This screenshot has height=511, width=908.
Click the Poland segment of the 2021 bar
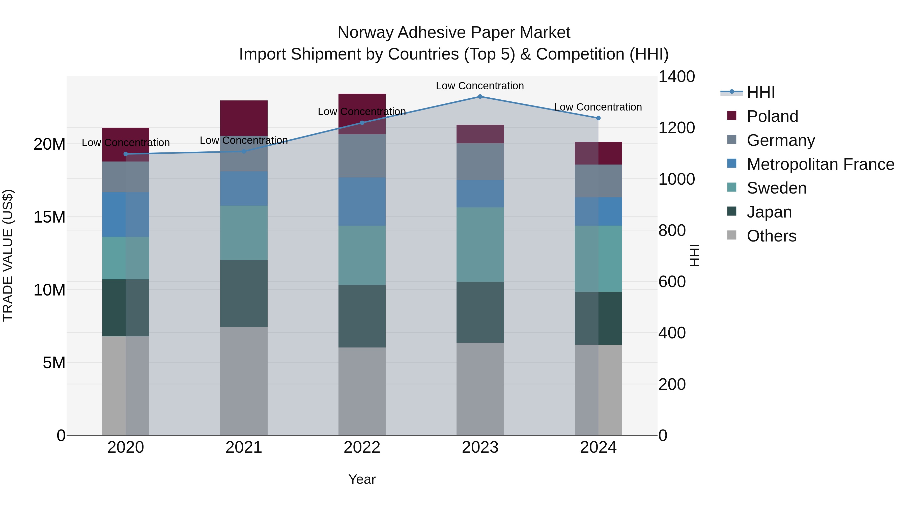pyautogui.click(x=244, y=118)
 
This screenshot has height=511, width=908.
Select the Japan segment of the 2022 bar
pyautogui.click(x=362, y=316)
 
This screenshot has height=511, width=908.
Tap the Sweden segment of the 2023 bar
pyautogui.click(x=480, y=244)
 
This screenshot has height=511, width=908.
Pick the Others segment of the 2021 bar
pyautogui.click(x=244, y=381)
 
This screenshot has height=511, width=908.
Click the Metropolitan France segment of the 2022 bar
pyautogui.click(x=362, y=201)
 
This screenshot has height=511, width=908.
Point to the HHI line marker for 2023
pyautogui.click(x=480, y=96)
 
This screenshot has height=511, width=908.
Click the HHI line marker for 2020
pyautogui.click(x=126, y=154)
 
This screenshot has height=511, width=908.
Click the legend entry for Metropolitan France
pyautogui.click(x=820, y=164)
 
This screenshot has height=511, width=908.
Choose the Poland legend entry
pyautogui.click(x=772, y=116)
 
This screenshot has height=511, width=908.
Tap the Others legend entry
pyautogui.click(x=771, y=236)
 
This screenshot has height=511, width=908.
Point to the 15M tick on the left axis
pyautogui.click(x=49, y=217)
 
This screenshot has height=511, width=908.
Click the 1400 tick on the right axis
pyautogui.click(x=676, y=76)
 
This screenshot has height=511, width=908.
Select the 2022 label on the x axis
pyautogui.click(x=362, y=447)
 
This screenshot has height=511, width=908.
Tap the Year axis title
pyautogui.click(x=362, y=479)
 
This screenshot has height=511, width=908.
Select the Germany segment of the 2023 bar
pyautogui.click(x=480, y=162)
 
